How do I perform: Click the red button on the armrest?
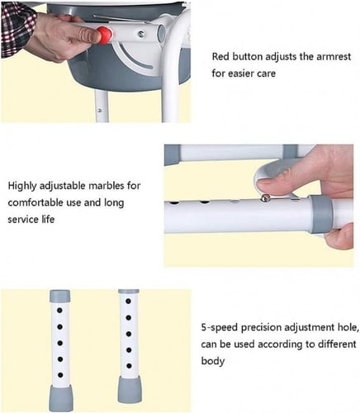point(105,35)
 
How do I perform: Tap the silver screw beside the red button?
point(141,34)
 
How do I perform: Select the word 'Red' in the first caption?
point(220,57)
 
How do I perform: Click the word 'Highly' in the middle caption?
point(22,187)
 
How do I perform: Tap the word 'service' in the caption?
point(25,220)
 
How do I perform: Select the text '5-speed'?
point(219,328)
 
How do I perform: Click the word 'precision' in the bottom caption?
point(261,328)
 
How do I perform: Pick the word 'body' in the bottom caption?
point(212,361)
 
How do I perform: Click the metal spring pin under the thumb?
point(265,197)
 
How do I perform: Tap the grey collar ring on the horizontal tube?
point(321,215)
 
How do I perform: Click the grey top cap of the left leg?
point(59,296)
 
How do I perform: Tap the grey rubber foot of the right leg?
point(130,389)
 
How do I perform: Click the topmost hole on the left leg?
point(59,311)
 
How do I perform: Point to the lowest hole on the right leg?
point(129,366)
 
